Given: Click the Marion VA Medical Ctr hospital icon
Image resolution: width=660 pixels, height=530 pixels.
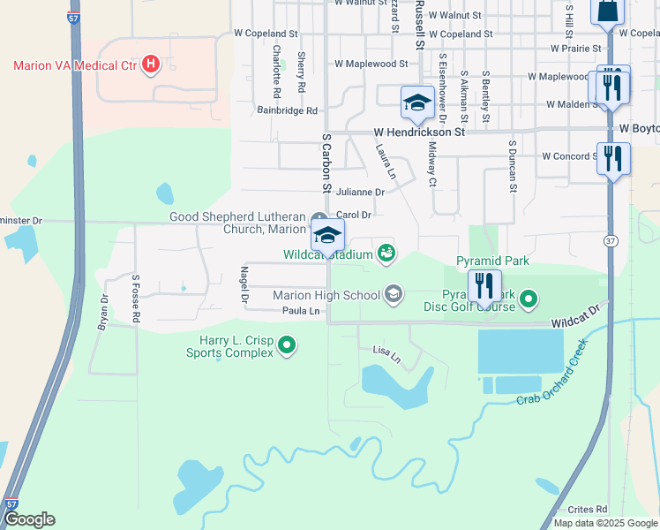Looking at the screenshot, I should tap(151, 64).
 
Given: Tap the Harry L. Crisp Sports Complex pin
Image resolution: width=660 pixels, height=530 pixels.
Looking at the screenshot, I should tap(286, 345).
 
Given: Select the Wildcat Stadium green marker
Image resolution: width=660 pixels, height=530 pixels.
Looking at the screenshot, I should tap(386, 254).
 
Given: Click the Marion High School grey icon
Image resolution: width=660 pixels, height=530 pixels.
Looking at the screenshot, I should tap(394, 294).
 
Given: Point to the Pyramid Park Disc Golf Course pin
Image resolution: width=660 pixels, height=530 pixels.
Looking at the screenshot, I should tap(529, 300).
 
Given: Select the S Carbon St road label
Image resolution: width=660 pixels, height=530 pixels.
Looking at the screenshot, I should tap(326, 164).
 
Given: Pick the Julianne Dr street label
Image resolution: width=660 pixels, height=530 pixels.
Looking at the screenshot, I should tap(361, 192).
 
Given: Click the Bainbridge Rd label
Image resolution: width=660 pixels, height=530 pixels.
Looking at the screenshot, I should tap(287, 110).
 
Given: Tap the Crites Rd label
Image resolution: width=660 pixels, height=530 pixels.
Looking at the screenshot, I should tap(588, 509).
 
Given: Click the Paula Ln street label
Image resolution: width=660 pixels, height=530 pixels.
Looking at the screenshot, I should tap(301, 311).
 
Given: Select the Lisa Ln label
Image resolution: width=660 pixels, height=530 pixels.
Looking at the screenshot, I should tap(386, 354).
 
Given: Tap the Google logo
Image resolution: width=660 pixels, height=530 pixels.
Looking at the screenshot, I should tap(28, 519).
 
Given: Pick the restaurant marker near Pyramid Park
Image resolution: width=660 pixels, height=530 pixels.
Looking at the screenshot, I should tap(484, 285).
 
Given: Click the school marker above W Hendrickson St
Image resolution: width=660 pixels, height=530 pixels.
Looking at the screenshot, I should tap(417, 102).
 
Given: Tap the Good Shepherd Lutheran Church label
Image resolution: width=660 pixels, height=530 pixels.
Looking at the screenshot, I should tap(238, 223).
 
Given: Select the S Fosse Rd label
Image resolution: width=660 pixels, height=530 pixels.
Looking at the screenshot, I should tap(137, 299).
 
